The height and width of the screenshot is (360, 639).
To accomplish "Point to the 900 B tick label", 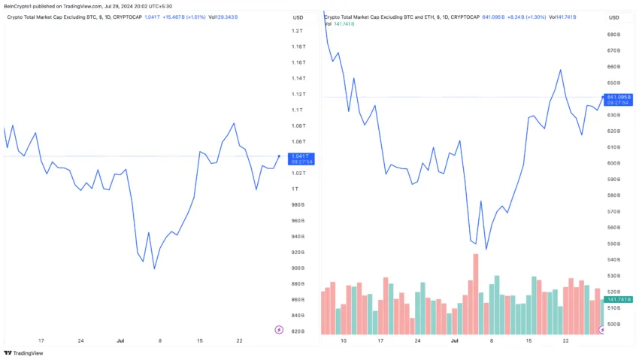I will (297, 268).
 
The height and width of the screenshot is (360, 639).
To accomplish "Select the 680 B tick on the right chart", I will (612, 35).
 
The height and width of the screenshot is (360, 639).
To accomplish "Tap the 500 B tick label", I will (612, 324).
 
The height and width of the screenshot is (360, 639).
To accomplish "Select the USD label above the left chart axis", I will (298, 17).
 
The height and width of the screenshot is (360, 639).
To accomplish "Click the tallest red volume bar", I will (476, 294).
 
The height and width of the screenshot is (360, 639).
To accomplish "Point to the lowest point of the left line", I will (154, 268).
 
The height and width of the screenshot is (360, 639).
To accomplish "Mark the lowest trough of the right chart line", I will (486, 249).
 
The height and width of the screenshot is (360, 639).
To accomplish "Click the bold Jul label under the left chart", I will (120, 340).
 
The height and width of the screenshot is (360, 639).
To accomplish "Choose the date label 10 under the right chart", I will (344, 340).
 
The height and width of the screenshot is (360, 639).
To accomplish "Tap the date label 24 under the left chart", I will (80, 340).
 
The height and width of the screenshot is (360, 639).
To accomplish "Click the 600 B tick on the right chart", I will (612, 163).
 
